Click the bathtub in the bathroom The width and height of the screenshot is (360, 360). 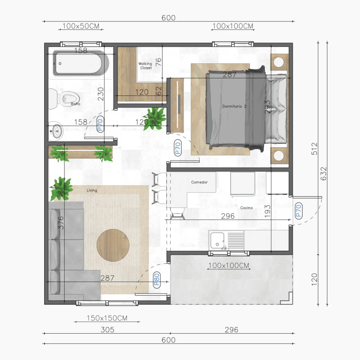81,63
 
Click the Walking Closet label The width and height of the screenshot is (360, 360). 145,66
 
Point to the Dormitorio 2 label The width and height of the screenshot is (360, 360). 234,106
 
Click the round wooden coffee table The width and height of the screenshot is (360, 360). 113,245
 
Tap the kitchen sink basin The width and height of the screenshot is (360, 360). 217,240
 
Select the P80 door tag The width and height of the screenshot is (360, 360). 156,279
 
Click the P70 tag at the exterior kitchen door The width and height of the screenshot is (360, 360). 298,211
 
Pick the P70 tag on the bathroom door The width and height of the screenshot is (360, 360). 100,125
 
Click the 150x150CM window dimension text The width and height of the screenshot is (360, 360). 107,318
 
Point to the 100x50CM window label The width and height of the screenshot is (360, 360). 81,26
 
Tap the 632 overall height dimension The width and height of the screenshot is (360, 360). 323,174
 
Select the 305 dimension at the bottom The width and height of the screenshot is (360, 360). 108,330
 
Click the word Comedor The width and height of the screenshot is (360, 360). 199,182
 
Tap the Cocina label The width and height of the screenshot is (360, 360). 246,208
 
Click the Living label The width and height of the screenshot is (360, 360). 92,190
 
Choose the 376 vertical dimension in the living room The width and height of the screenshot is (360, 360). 60,223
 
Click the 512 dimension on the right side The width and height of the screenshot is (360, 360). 315,149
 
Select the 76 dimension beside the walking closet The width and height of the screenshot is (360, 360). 159,62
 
